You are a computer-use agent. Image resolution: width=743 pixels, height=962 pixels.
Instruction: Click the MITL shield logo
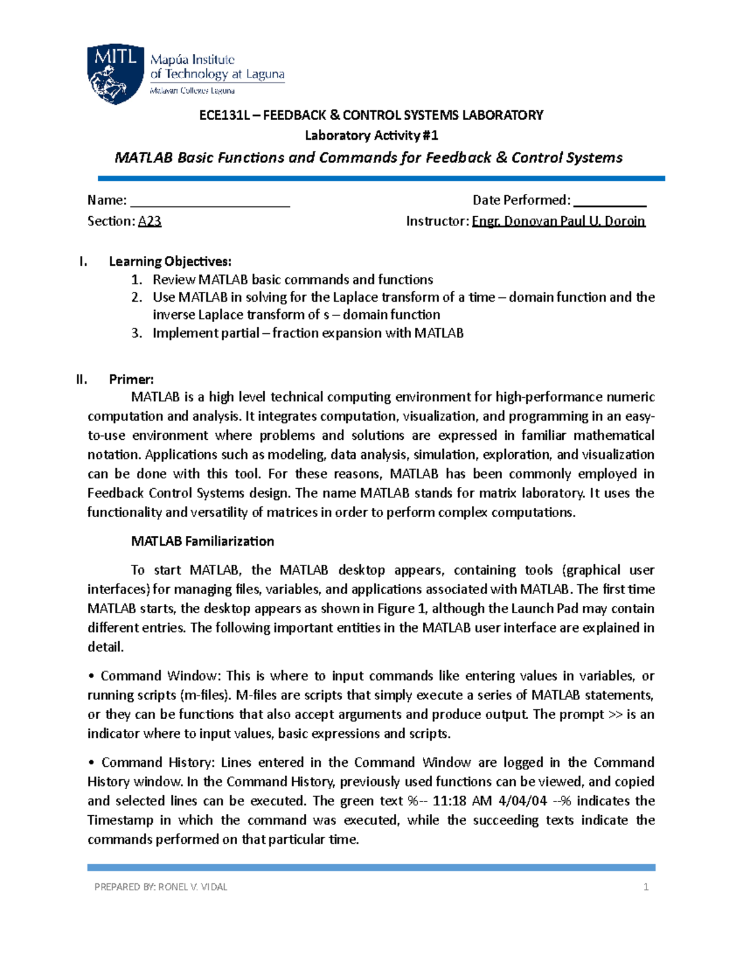[116, 73]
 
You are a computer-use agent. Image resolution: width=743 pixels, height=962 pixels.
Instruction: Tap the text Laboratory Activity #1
[371, 135]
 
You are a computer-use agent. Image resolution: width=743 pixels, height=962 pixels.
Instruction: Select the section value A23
[149, 221]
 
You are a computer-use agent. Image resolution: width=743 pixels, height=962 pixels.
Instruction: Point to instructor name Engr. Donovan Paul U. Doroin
[558, 221]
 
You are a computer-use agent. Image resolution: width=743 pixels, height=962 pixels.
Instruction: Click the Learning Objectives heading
[170, 261]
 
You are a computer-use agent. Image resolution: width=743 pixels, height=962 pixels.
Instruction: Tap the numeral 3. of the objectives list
[137, 333]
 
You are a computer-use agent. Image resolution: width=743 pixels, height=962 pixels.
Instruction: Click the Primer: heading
[131, 379]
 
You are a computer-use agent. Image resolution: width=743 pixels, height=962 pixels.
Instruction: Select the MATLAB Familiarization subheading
[202, 541]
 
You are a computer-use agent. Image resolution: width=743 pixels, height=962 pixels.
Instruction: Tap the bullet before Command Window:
[91, 676]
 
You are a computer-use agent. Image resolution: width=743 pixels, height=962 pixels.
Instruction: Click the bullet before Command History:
[91, 763]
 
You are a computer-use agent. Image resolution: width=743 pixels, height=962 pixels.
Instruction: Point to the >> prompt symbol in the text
[615, 714]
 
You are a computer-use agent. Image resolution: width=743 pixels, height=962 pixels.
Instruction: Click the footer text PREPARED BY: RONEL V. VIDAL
[160, 887]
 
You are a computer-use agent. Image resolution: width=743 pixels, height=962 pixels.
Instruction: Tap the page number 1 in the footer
[646, 887]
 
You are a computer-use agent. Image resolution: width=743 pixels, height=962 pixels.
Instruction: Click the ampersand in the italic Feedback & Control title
[502, 157]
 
